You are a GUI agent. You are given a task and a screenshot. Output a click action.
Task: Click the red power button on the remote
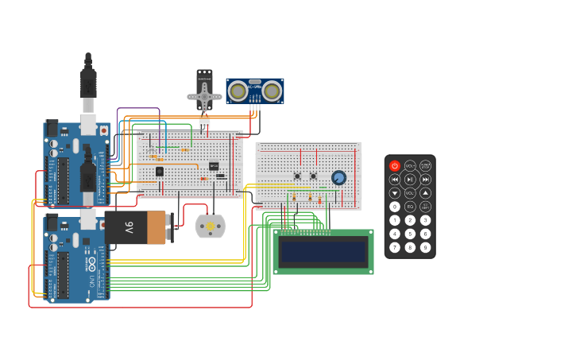click(x=395, y=166)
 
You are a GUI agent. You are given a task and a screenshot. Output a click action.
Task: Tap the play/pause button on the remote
click(x=410, y=180)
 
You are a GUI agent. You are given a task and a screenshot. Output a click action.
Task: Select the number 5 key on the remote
click(x=410, y=234)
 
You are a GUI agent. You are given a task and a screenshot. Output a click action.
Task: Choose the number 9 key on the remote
click(x=425, y=247)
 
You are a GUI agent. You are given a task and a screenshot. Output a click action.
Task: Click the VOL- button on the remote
click(x=410, y=193)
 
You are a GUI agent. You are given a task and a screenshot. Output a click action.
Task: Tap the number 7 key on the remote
click(x=395, y=247)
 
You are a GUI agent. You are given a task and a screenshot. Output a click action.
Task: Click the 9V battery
click(x=135, y=227)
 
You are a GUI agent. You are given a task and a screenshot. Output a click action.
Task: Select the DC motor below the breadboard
click(x=211, y=226)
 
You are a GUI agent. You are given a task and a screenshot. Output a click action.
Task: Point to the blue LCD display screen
click(x=323, y=252)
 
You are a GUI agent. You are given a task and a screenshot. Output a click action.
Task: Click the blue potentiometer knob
click(x=339, y=177)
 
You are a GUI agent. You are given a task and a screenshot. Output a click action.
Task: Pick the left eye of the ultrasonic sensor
click(x=238, y=91)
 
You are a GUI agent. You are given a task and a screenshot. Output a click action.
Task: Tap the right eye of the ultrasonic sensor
click(x=271, y=91)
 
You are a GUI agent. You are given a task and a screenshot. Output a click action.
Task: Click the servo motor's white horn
click(x=205, y=98)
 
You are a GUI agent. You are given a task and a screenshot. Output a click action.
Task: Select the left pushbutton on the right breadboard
click(x=298, y=176)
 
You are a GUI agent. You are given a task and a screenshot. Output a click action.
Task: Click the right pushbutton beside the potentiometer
click(x=313, y=176)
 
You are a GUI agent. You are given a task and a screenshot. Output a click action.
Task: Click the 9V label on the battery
click(x=129, y=227)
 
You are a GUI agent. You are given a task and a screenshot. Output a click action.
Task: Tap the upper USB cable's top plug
click(x=87, y=79)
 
